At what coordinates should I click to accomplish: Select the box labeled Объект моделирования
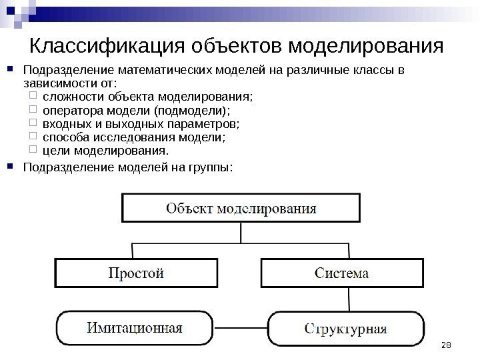point(241,207)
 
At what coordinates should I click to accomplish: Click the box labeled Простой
point(136,273)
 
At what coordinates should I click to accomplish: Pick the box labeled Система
point(341,273)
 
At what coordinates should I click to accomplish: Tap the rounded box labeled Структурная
point(345,329)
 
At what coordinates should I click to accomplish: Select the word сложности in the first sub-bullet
point(67,97)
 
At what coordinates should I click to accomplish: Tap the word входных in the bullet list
point(63,124)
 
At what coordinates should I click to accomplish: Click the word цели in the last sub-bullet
point(54,151)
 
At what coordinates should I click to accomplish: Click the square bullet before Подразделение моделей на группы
point(14,166)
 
